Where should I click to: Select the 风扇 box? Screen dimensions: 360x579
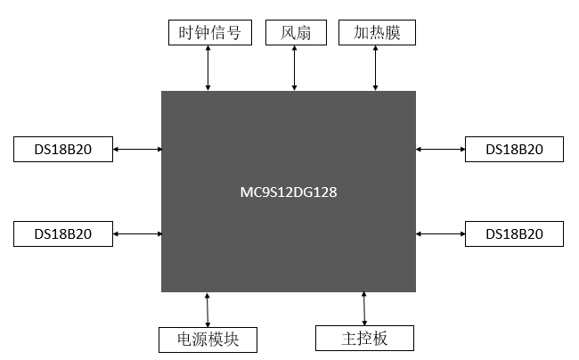click(295, 33)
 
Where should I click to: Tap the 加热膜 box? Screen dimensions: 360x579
click(378, 33)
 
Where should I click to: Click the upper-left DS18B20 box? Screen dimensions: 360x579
click(64, 150)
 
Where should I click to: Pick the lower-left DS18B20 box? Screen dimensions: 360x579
click(64, 234)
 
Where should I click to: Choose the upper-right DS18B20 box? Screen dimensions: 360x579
click(514, 150)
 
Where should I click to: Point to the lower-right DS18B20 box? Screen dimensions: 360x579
click(514, 234)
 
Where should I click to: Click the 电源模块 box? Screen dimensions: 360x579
click(208, 340)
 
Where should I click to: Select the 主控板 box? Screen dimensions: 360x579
click(365, 339)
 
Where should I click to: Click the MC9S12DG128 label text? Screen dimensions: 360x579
click(288, 192)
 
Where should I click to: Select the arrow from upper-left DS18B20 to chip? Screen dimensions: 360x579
click(138, 150)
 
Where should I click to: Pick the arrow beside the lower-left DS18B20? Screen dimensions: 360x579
click(138, 234)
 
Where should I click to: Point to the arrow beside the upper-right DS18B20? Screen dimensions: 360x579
click(440, 150)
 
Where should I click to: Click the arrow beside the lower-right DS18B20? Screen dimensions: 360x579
click(440, 234)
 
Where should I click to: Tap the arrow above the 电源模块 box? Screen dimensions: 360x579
click(208, 309)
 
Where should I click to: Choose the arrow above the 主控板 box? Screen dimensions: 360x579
click(364, 308)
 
